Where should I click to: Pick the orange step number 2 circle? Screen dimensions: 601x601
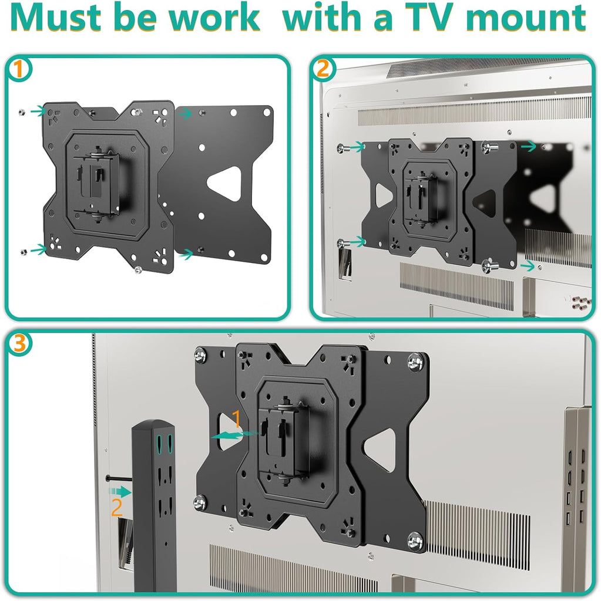322,70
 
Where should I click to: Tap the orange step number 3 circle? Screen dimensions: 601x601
19,345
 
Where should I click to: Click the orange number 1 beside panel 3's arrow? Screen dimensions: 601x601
236,419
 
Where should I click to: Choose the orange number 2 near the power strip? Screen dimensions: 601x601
117,507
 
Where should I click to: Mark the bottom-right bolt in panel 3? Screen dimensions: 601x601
415,541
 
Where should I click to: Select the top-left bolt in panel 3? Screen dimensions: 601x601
201,356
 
